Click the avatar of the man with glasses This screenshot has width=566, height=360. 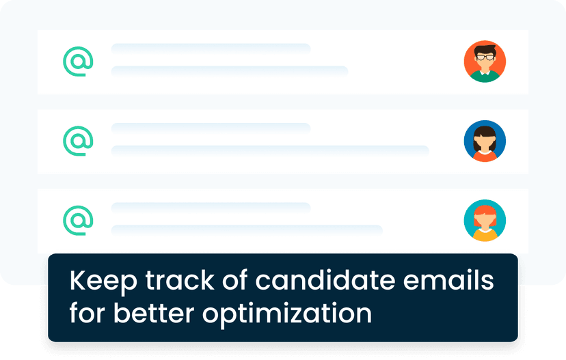tap(485, 61)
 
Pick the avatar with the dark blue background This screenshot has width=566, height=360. tap(485, 141)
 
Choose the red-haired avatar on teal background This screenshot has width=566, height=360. tap(485, 221)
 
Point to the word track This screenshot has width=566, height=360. tap(180, 280)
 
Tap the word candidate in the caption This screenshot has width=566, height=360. tap(325, 280)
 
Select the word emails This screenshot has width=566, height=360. tap(448, 280)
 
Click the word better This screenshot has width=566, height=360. tap(154, 313)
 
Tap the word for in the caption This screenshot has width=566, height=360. tap(87, 313)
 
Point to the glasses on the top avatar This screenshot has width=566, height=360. tap(485, 57)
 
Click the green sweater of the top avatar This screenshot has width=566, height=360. tap(485, 77)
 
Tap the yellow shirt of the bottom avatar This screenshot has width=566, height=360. tap(485, 236)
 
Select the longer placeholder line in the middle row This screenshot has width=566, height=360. tap(270, 151)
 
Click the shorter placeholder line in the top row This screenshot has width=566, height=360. tap(211, 49)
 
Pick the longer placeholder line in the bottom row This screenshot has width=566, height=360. tap(247, 230)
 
